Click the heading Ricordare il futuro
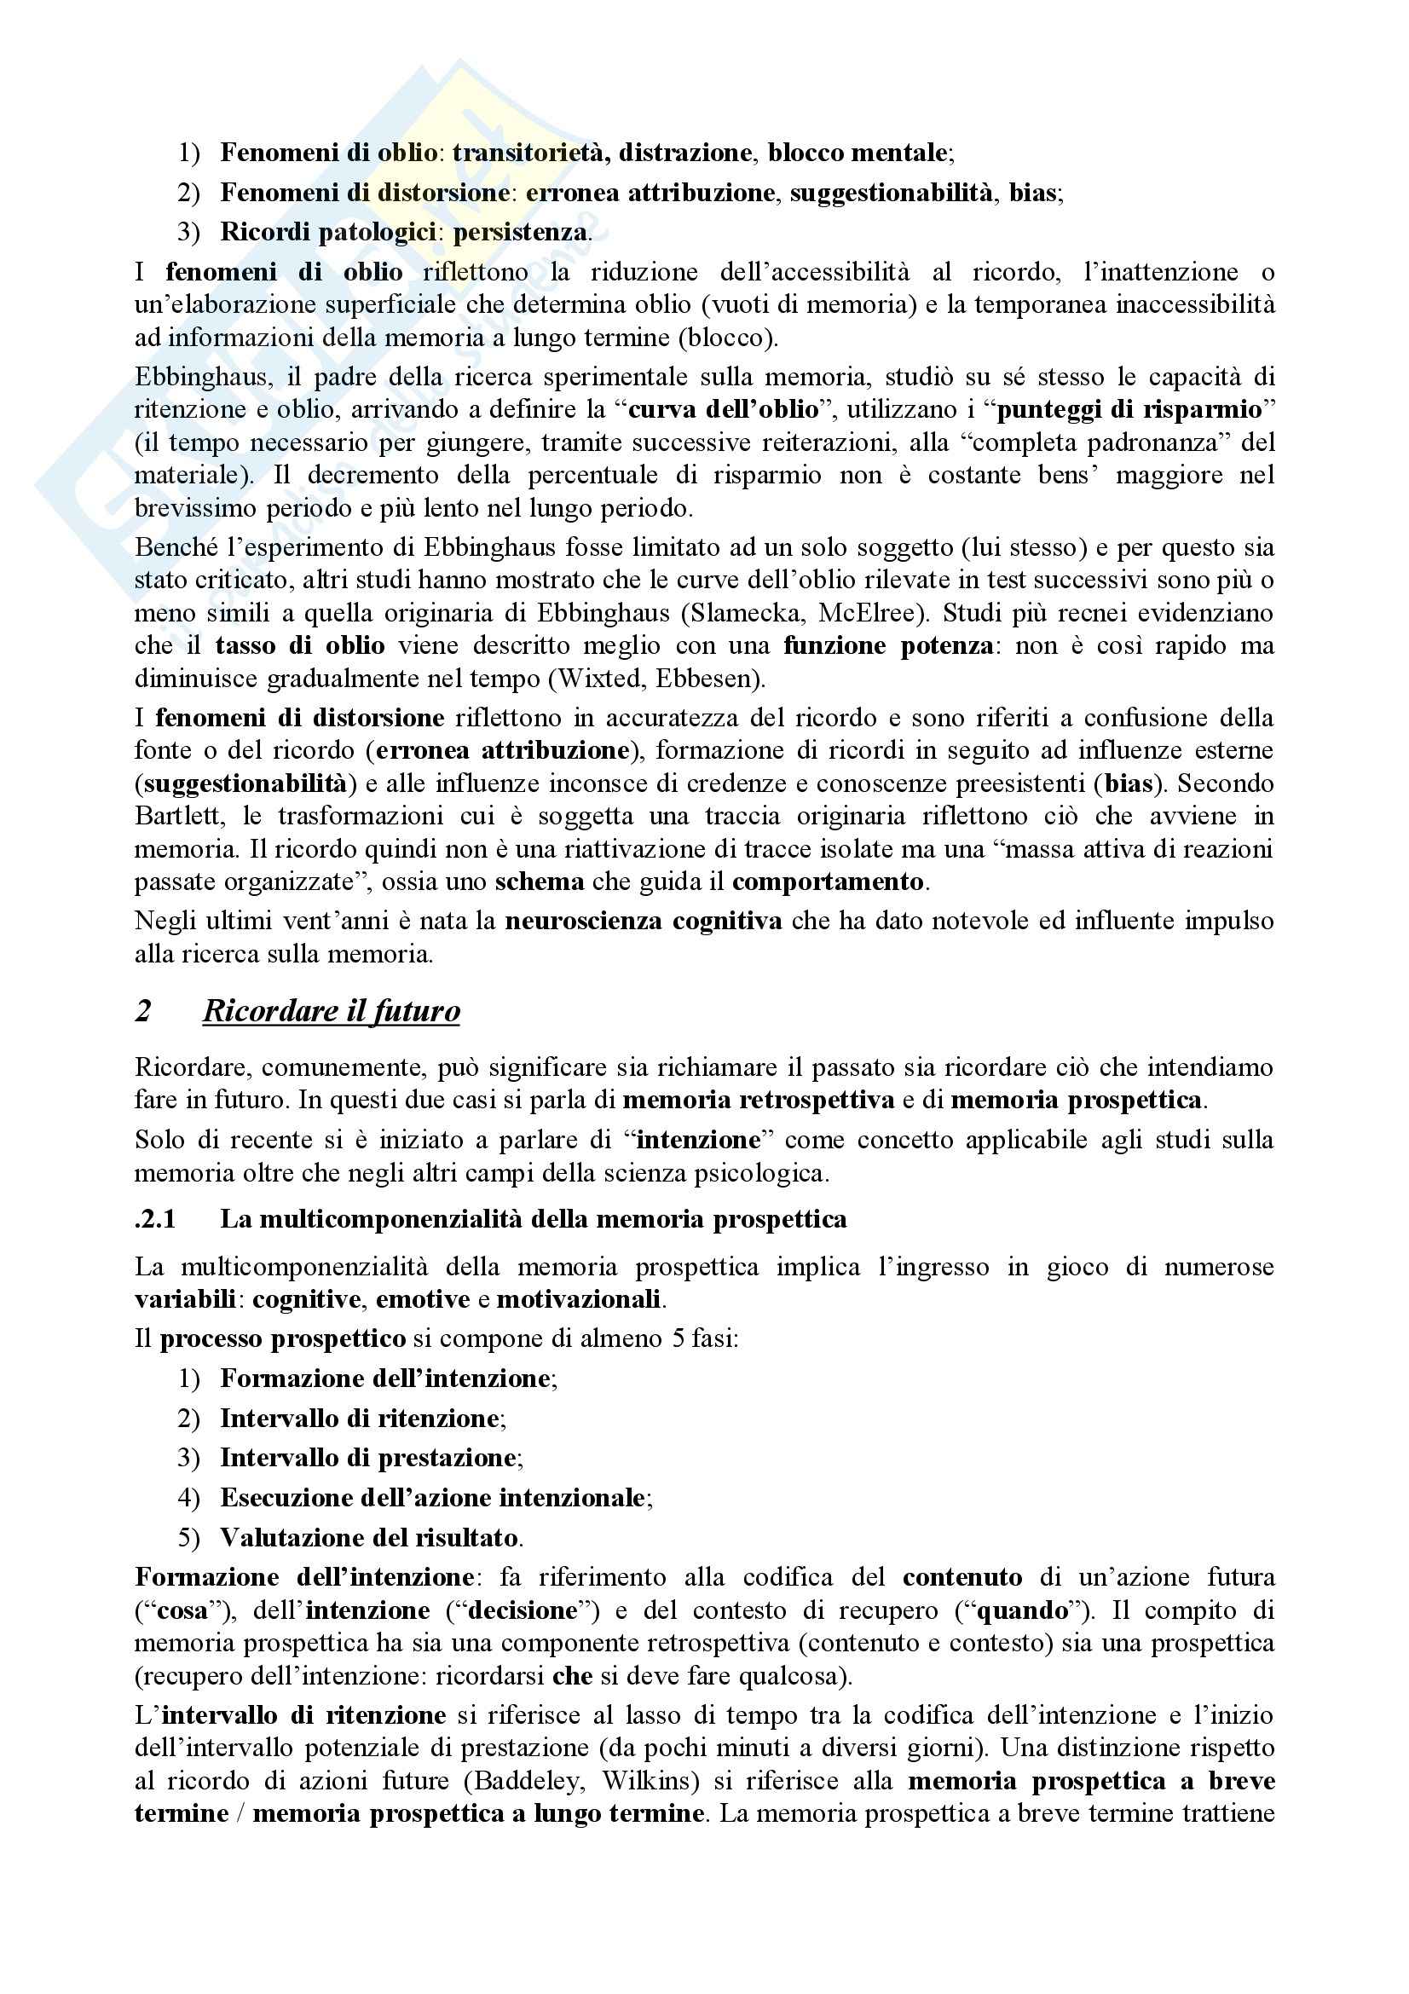coord(331,1012)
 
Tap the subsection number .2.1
coord(155,1219)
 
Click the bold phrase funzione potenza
coord(888,646)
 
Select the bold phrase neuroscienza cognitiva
coord(644,921)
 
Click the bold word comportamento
coord(828,881)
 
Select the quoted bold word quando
coord(1023,1611)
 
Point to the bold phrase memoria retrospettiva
coord(758,1101)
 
